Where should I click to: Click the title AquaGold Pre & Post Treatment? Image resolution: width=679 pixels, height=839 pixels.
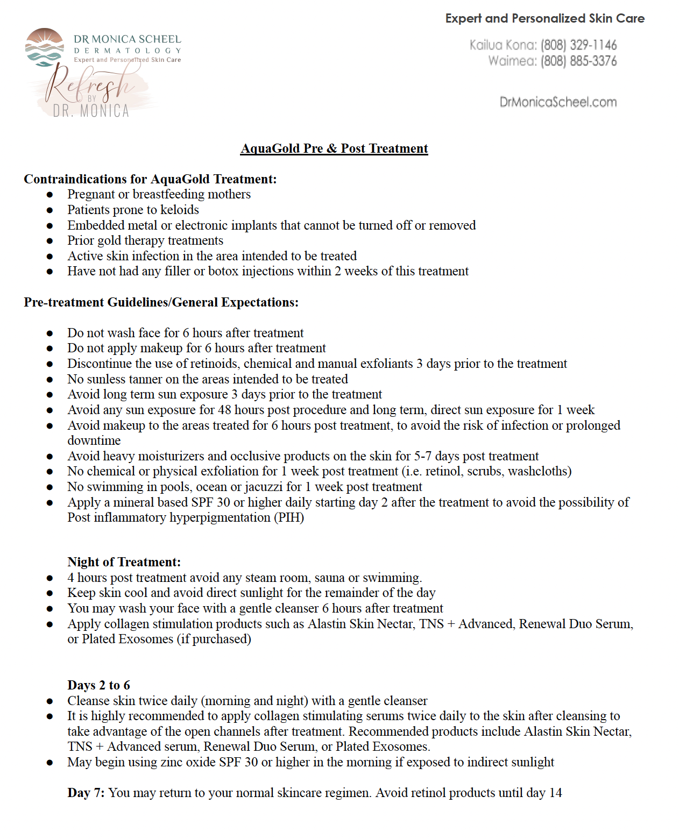click(x=334, y=148)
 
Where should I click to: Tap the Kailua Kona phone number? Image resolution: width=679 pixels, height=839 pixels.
click(x=578, y=45)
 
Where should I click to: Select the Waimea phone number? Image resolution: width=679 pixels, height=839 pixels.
click(x=578, y=61)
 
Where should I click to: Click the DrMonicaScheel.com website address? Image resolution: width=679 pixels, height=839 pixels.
click(x=558, y=102)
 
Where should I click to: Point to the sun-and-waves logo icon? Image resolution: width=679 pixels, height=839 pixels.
click(x=44, y=47)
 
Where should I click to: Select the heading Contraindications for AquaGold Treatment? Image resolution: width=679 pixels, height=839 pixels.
click(x=150, y=179)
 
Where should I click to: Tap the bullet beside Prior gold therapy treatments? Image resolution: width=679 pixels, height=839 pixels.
click(x=49, y=241)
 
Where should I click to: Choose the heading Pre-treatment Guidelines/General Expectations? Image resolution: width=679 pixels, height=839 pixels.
click(x=161, y=302)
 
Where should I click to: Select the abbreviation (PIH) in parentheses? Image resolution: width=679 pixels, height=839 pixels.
click(x=289, y=517)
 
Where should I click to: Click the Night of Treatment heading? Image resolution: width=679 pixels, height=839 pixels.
click(x=124, y=562)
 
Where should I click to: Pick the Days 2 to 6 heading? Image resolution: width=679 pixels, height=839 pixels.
click(x=98, y=685)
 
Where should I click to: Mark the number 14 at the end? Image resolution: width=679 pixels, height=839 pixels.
click(x=555, y=793)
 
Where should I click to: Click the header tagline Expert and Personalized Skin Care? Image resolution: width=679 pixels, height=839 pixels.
click(x=544, y=18)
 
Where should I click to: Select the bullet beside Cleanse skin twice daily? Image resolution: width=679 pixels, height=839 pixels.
click(x=49, y=701)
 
